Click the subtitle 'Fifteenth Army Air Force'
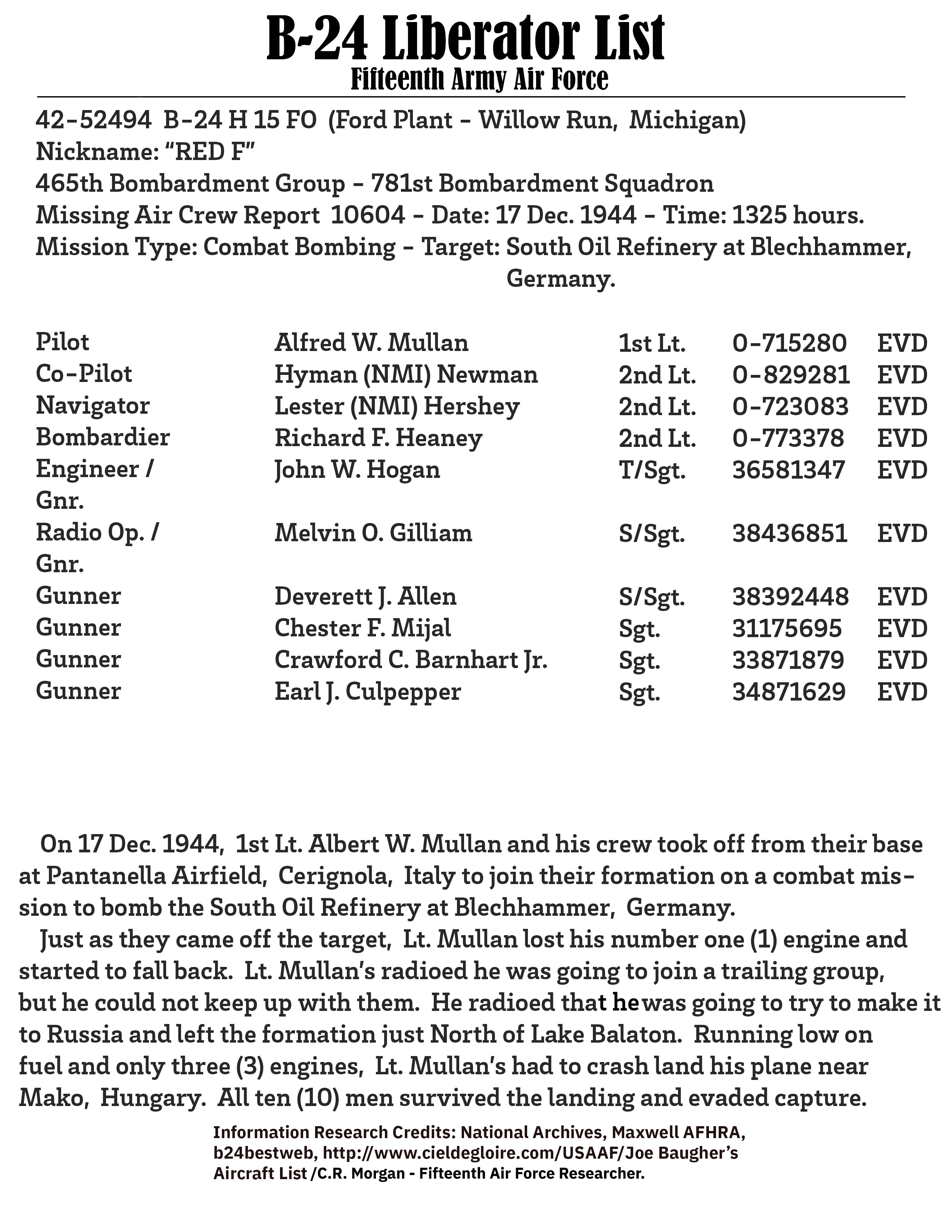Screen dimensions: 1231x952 point(479,79)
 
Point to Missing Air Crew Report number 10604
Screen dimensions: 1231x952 point(368,215)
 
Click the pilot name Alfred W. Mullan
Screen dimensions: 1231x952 point(371,343)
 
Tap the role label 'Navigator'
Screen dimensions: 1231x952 point(93,406)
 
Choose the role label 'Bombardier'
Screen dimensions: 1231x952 point(103,438)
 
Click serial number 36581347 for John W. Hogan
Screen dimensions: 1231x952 point(788,470)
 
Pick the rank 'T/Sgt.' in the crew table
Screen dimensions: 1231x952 point(652,470)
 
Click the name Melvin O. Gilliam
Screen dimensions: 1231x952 point(373,533)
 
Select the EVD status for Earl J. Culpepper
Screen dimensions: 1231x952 point(902,692)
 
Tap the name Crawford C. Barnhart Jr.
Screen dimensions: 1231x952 point(411,660)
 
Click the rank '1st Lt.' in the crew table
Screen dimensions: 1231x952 point(652,343)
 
